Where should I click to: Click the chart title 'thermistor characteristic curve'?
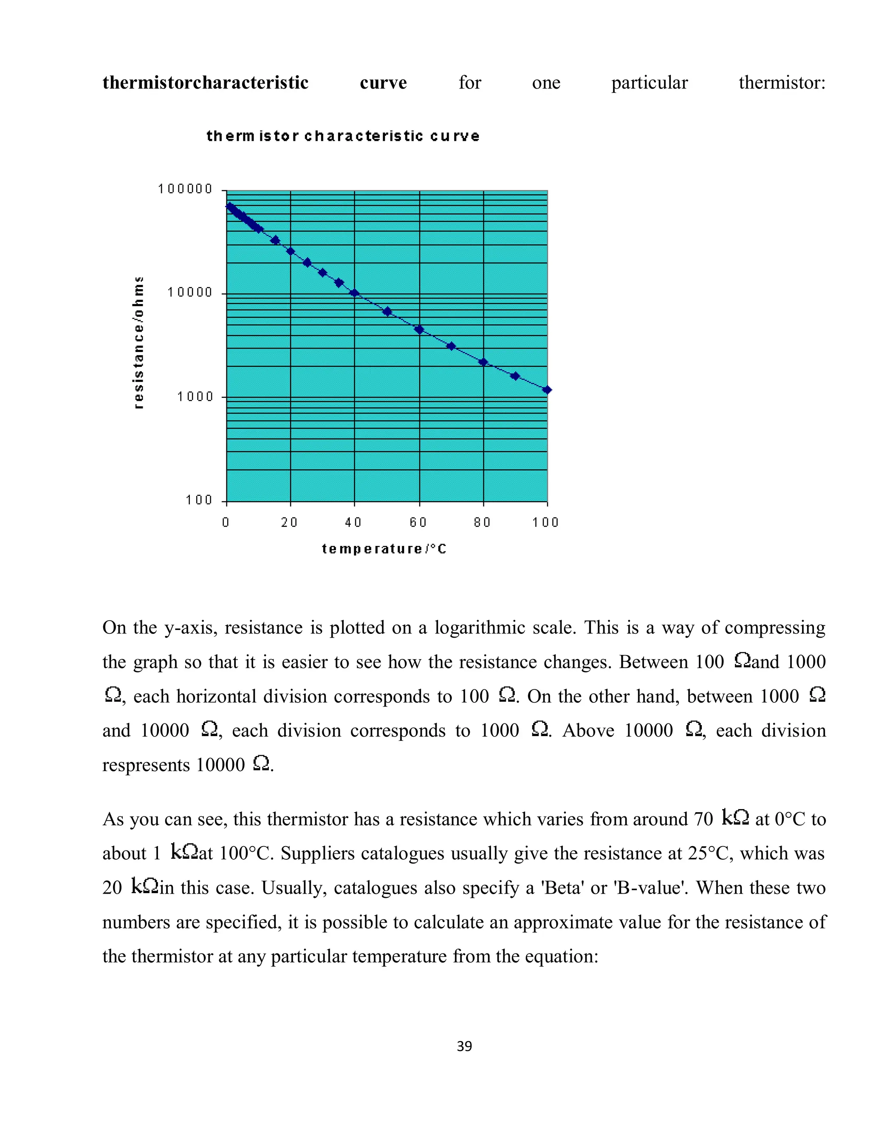[x=343, y=136]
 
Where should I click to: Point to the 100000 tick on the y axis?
[x=185, y=189]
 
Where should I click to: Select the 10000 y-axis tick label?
[x=189, y=292]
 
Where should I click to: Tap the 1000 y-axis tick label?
[x=195, y=397]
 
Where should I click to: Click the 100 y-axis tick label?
[x=199, y=500]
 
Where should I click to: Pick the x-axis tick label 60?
[x=418, y=522]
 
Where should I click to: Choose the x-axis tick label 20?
[x=289, y=522]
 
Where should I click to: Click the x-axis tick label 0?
[x=226, y=522]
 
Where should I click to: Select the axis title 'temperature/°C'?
[x=384, y=549]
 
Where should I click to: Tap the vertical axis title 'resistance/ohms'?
[x=138, y=343]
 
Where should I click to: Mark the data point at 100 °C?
[x=547, y=390]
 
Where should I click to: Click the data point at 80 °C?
[x=483, y=362]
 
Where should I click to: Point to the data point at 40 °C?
[x=354, y=293]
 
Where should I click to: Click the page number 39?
[x=464, y=1046]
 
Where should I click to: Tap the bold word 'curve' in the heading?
[x=383, y=82]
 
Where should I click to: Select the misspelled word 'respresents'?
[x=146, y=765]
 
